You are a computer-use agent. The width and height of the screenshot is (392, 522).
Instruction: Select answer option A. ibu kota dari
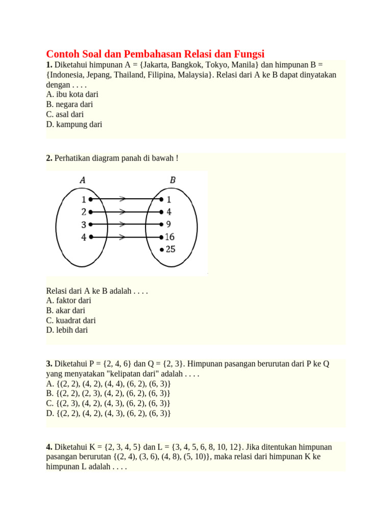72,94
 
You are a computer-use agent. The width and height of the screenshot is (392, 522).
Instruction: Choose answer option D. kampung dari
74,124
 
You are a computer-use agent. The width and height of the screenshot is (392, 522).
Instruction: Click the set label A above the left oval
83,179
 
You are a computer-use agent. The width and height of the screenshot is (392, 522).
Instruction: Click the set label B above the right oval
173,179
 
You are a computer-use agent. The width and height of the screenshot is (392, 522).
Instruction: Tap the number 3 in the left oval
83,224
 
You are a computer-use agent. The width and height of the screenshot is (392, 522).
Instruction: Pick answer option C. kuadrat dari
71,320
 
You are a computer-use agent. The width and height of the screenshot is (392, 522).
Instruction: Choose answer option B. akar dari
65,310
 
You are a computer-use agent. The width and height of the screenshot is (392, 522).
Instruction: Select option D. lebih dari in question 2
67,330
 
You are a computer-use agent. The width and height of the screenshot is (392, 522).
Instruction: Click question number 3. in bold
49,363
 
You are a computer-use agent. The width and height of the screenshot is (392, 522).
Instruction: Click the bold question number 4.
49,447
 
